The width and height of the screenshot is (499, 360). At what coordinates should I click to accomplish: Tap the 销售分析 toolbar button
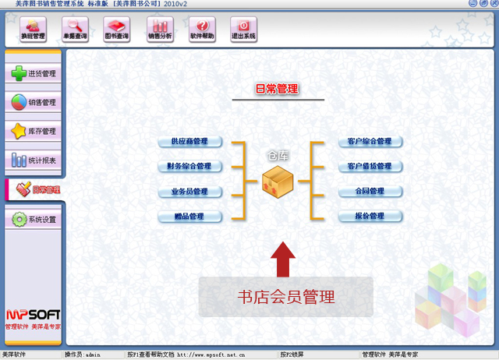pyautogui.click(x=161, y=30)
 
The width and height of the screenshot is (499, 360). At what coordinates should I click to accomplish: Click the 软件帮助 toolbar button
pyautogui.click(x=203, y=30)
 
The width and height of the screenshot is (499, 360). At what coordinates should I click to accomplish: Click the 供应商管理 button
pyautogui.click(x=189, y=142)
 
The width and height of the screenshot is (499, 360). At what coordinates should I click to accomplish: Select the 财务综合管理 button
pyautogui.click(x=189, y=167)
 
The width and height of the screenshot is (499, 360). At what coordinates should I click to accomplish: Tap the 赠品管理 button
pyautogui.click(x=189, y=217)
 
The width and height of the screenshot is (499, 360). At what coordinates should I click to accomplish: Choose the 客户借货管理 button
pyautogui.click(x=370, y=167)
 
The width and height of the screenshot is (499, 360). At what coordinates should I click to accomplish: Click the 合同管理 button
pyautogui.click(x=370, y=192)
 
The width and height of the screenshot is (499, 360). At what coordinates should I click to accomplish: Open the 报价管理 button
pyautogui.click(x=370, y=217)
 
